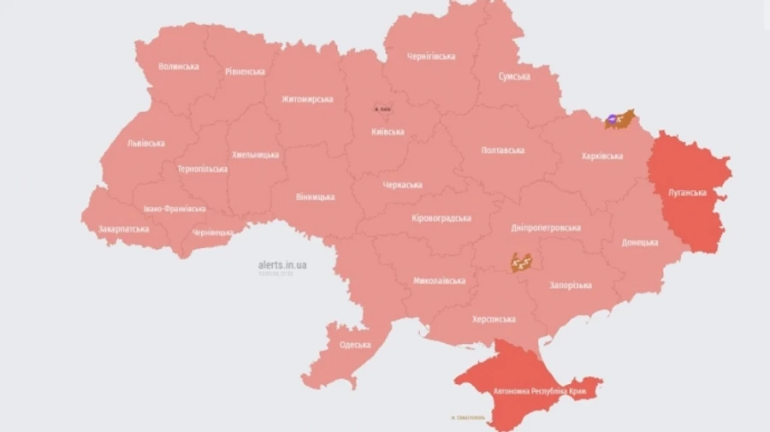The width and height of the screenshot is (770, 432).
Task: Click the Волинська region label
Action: (179, 67)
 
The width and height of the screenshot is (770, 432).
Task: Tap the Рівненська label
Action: (245, 72)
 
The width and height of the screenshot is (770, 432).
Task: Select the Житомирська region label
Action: (307, 99)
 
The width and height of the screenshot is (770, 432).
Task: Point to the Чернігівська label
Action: (430, 56)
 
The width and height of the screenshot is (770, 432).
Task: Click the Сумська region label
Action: (514, 76)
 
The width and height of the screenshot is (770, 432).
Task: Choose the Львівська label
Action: (145, 143)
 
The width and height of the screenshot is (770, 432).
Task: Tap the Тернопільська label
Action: (202, 169)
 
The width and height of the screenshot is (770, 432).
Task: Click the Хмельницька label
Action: (255, 155)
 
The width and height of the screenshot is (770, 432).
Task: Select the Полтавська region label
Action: (503, 150)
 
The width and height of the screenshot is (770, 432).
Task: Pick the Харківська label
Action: (601, 157)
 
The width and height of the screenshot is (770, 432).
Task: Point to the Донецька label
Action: (640, 242)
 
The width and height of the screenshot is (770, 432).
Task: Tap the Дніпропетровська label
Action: (546, 228)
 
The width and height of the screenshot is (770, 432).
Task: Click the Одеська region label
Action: (355, 345)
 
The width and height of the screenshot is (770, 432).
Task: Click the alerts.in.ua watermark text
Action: (282, 265)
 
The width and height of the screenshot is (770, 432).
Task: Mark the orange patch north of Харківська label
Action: (619, 119)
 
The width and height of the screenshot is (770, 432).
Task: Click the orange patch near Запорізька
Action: (522, 262)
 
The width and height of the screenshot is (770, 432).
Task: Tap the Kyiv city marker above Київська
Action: (382, 109)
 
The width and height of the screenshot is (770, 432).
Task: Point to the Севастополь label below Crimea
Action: (467, 417)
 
